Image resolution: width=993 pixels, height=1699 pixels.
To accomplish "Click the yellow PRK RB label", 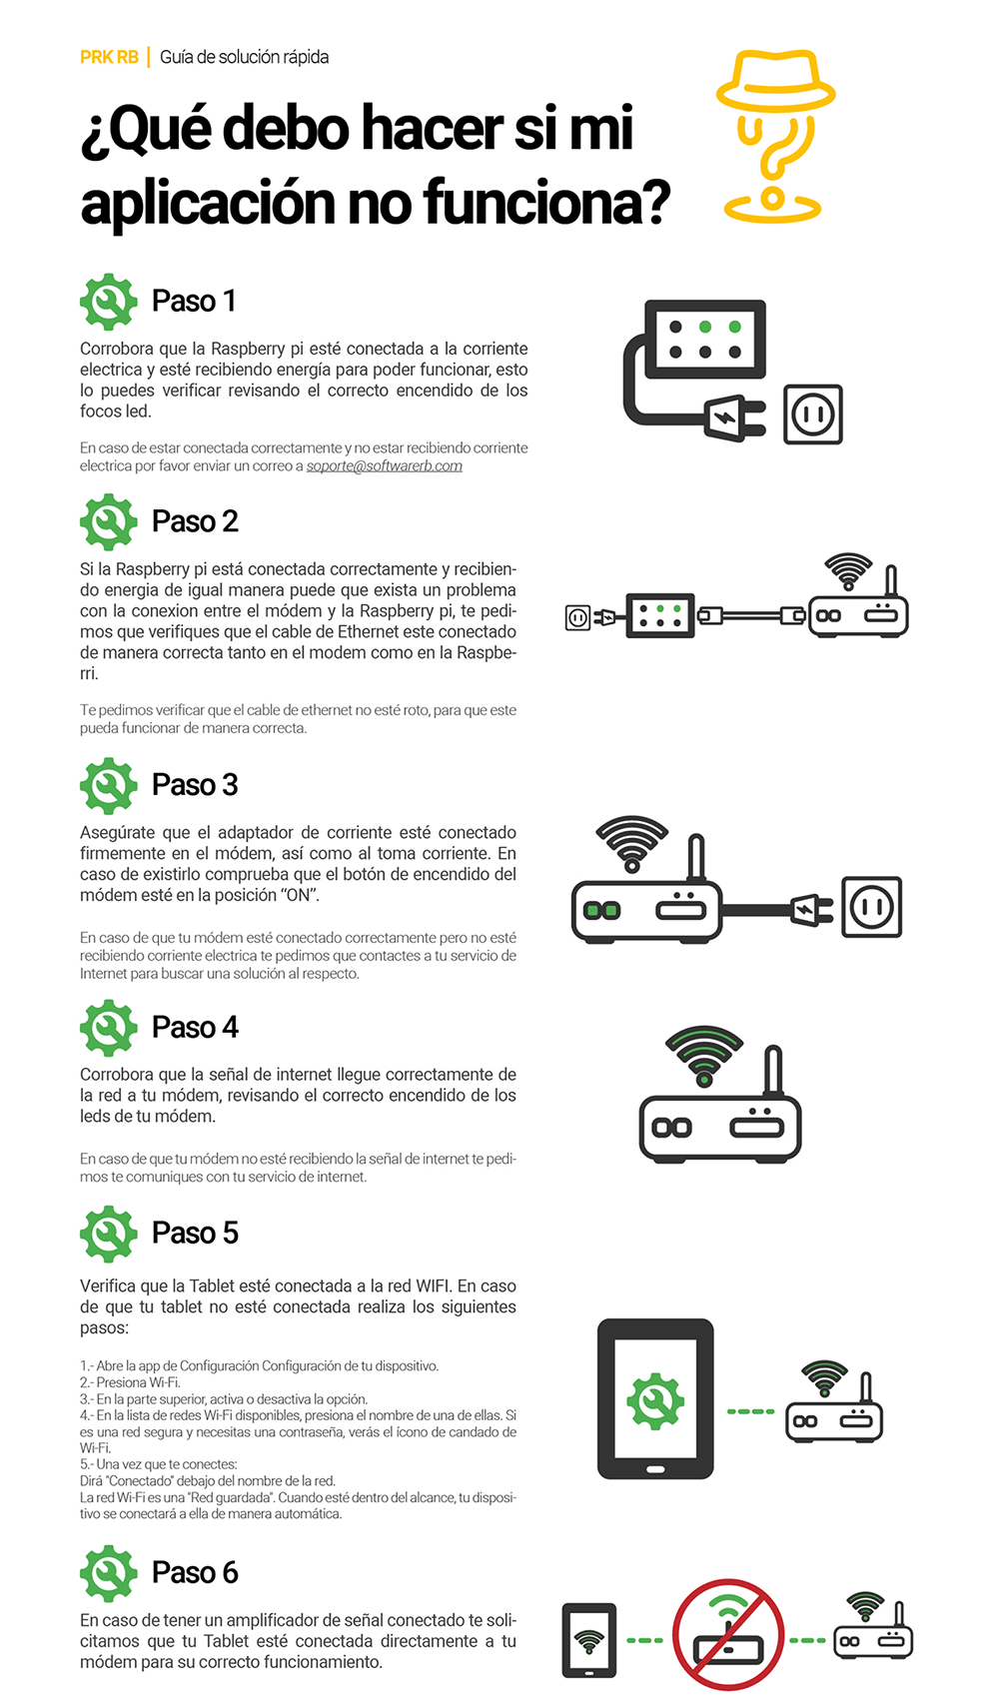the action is click(x=109, y=58).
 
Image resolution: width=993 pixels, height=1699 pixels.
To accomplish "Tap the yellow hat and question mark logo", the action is click(x=774, y=137).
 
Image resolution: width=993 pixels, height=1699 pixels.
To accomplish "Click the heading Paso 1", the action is click(x=194, y=301).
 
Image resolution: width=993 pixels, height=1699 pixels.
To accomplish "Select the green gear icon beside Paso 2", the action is click(x=109, y=521).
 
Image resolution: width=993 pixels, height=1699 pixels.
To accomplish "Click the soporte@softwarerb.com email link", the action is click(x=384, y=465).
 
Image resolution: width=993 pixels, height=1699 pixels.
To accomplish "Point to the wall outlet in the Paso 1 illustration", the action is click(x=813, y=415).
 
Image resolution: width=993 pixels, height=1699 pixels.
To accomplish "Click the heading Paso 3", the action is click(x=195, y=785).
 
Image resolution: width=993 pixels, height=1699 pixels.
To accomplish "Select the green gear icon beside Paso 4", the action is click(x=109, y=1028).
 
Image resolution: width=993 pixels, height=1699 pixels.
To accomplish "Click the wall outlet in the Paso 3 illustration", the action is click(x=872, y=907).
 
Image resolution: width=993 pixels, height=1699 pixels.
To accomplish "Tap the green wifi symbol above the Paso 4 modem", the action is click(x=704, y=1056).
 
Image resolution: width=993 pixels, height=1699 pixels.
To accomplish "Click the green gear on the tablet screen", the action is click(x=655, y=1401).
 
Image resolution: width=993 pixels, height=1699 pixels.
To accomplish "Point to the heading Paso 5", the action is click(x=195, y=1234).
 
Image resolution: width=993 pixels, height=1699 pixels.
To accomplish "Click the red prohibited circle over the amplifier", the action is click(x=728, y=1634).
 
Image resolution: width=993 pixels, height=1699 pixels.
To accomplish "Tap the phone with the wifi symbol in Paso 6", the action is click(x=588, y=1641).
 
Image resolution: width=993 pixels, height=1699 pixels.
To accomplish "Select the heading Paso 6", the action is click(x=195, y=1573).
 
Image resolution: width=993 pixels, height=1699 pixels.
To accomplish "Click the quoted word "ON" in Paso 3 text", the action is click(x=300, y=896).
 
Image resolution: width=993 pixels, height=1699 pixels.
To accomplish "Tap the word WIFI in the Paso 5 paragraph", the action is click(x=434, y=1286).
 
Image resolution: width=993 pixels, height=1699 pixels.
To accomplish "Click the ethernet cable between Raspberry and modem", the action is click(x=751, y=615).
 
